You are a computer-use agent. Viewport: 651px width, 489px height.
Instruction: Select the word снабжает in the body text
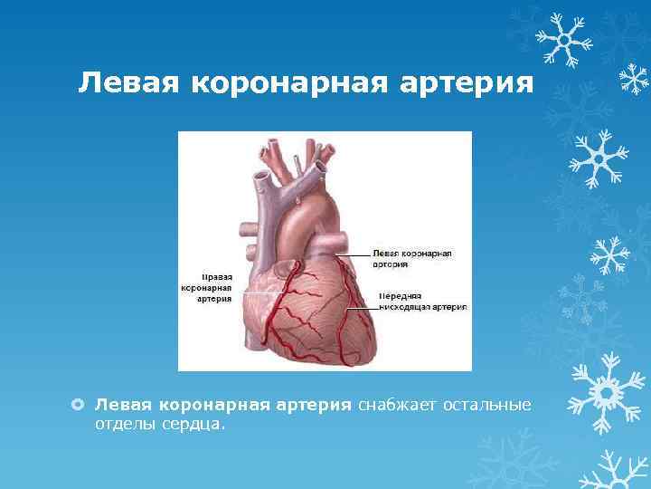click(x=397, y=403)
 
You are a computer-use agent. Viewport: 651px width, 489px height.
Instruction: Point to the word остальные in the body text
click(x=486, y=403)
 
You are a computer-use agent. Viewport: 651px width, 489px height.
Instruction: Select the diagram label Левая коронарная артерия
click(x=411, y=258)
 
